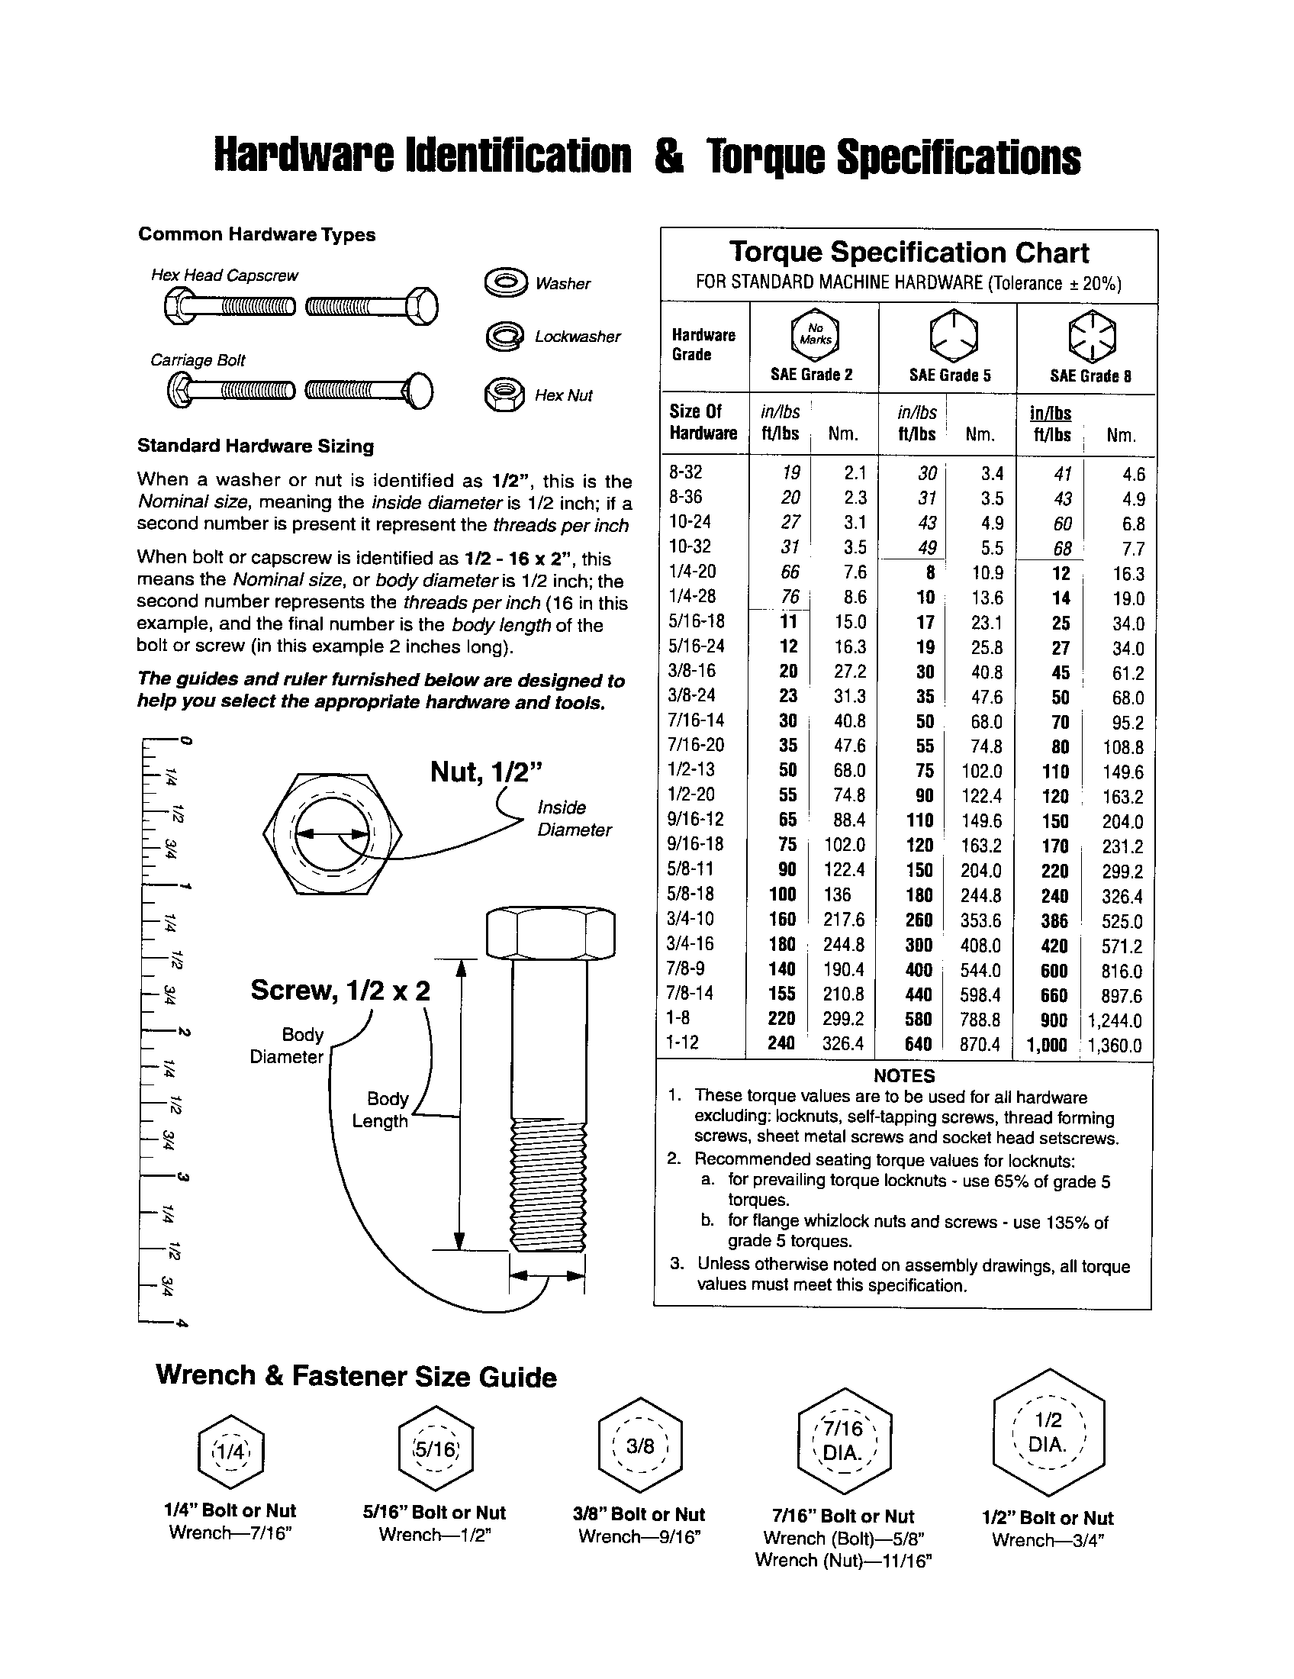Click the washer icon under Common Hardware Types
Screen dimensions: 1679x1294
pos(506,282)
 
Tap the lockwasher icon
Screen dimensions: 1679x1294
pos(505,337)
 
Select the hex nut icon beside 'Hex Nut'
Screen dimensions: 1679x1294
pos(504,395)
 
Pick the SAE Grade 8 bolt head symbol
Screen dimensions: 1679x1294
pos(1093,336)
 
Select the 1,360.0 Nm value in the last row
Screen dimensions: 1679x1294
pos(1115,1046)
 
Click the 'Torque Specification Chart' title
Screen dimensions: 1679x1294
pos(908,252)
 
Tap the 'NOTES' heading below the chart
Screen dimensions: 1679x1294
pos(903,1075)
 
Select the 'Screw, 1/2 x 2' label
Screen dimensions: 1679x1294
pos(340,990)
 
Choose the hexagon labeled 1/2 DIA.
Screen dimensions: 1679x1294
pos(1049,1432)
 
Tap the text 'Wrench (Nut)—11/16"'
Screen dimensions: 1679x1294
pos(843,1560)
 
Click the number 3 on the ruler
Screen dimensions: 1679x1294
pos(183,1177)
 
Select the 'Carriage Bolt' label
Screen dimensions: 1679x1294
pos(198,359)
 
